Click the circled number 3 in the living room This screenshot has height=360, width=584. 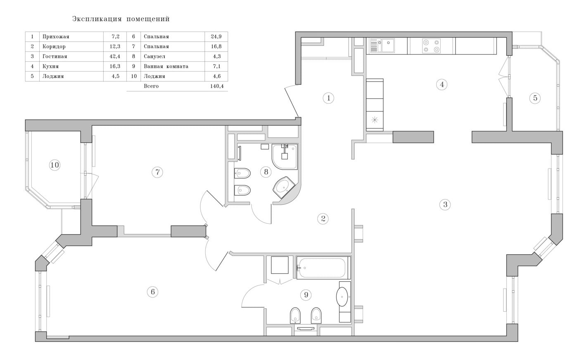pyautogui.click(x=445, y=204)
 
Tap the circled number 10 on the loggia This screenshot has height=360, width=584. pyautogui.click(x=55, y=165)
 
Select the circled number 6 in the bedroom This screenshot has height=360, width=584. pyautogui.click(x=153, y=291)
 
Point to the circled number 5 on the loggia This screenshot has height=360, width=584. pyautogui.click(x=535, y=98)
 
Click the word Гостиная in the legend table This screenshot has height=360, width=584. pyautogui.click(x=55, y=56)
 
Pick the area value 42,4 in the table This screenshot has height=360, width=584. pyautogui.click(x=115, y=56)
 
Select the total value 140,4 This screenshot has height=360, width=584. pyautogui.click(x=217, y=86)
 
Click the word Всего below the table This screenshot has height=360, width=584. pyautogui.click(x=151, y=86)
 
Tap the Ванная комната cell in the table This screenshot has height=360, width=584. pyautogui.click(x=166, y=66)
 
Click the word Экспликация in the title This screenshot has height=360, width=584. pyautogui.click(x=97, y=19)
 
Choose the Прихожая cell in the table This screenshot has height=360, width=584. pyautogui.click(x=56, y=36)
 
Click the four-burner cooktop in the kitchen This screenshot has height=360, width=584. pyautogui.click(x=431, y=46)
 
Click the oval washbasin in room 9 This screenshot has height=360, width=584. pyautogui.click(x=342, y=297)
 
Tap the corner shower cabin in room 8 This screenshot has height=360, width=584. pyautogui.click(x=285, y=156)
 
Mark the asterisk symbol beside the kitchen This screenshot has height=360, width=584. pyautogui.click(x=375, y=120)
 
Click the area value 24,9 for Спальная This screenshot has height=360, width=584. pyautogui.click(x=216, y=36)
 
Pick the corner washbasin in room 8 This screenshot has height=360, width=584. pyautogui.click(x=284, y=187)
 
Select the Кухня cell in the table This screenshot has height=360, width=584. pyautogui.click(x=50, y=66)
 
